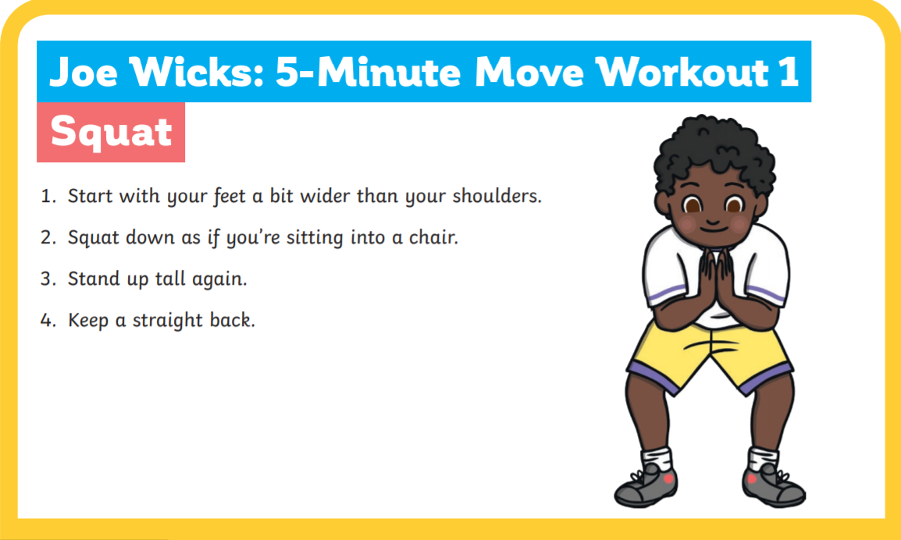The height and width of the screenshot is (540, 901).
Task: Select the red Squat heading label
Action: (111, 132)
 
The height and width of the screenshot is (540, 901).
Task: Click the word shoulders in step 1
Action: (497, 196)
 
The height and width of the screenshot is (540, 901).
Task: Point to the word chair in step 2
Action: (433, 237)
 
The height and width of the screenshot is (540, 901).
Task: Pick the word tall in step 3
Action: (170, 279)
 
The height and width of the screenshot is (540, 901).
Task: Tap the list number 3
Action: (48, 279)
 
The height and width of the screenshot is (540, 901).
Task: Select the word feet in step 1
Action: (230, 197)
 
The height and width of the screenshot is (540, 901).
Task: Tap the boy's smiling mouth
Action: (713, 226)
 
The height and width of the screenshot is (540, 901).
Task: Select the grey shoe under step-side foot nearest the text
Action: (646, 487)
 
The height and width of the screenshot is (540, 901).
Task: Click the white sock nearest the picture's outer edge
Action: (763, 459)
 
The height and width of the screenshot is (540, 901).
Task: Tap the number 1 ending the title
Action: (789, 73)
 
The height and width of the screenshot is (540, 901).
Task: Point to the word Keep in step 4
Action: (88, 321)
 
